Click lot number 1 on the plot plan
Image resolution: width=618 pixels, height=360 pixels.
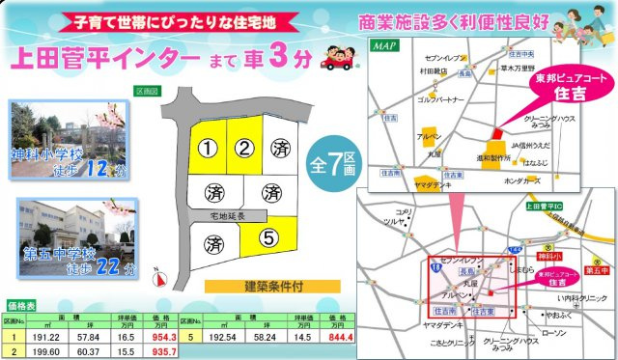coord(207,149)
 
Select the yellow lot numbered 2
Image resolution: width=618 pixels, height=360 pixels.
coord(245,149)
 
